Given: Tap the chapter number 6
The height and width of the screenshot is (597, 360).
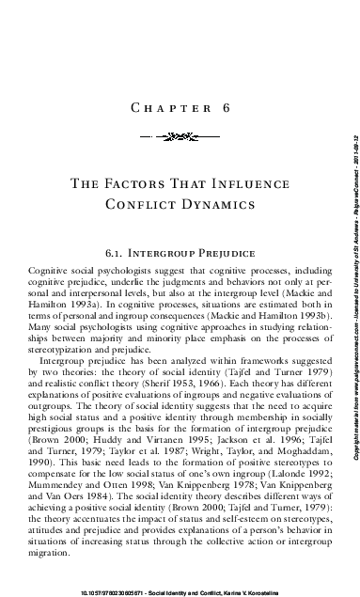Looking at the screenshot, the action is pos(227,108).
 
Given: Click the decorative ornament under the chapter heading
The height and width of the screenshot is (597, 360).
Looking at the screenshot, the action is pos(180,135).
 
